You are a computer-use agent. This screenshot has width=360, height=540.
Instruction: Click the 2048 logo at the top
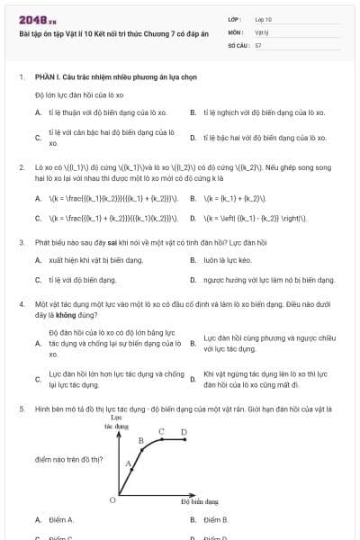(x=37, y=19)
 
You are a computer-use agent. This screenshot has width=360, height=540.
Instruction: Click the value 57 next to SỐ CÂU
(x=259, y=44)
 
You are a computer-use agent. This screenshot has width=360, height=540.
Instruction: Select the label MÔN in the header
(x=237, y=31)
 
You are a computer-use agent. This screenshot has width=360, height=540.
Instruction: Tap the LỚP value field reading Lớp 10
(x=265, y=19)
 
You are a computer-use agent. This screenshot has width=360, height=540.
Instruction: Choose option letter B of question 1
(x=193, y=113)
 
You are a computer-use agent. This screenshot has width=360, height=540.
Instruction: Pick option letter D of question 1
(x=193, y=138)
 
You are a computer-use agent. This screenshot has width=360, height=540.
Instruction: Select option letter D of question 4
(x=193, y=380)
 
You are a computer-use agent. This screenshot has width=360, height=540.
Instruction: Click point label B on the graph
(x=141, y=440)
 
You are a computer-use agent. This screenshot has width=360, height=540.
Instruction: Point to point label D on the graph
(x=184, y=432)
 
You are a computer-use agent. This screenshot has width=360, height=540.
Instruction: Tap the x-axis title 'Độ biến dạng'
(x=199, y=501)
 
